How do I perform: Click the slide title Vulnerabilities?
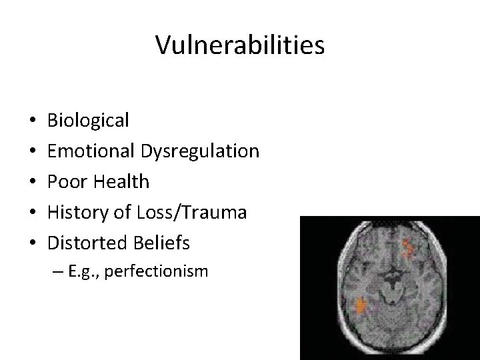click(240, 45)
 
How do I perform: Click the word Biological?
click(89, 121)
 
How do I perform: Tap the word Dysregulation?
click(199, 151)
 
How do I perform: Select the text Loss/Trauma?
click(192, 213)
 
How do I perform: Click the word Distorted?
click(84, 243)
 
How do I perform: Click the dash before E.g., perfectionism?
click(73, 272)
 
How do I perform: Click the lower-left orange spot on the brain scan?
click(361, 305)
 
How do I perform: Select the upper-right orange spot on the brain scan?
click(409, 249)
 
